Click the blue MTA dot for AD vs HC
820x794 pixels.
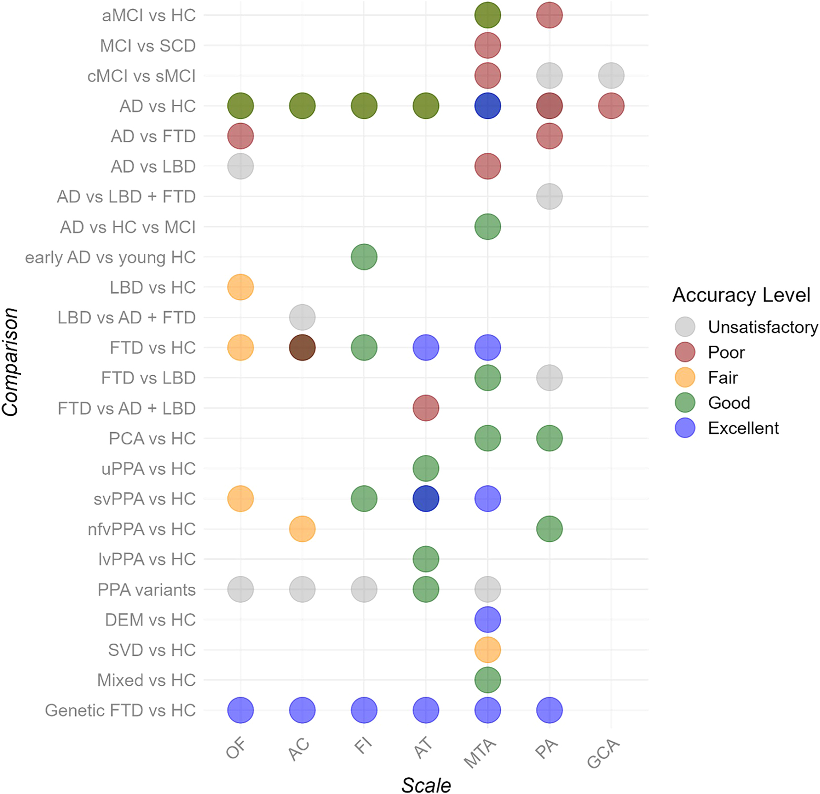point(487,106)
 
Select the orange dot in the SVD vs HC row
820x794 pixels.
point(487,650)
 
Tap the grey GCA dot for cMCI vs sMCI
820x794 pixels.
point(611,76)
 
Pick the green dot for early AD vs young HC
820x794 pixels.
point(364,257)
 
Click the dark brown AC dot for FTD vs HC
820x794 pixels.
point(302,348)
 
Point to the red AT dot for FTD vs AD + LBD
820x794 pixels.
point(426,408)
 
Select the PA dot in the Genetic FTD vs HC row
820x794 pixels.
point(549,710)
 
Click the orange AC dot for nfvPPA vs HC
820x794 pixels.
point(302,529)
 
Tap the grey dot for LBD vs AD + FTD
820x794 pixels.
point(302,317)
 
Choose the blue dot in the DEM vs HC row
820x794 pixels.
point(487,619)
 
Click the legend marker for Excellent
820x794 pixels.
point(685,428)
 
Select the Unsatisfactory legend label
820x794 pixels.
point(763,327)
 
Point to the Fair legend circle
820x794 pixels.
point(685,377)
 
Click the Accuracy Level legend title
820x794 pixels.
point(741,295)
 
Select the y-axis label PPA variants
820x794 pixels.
point(146,590)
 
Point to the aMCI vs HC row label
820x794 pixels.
point(149,15)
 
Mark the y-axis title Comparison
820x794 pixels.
point(10,362)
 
